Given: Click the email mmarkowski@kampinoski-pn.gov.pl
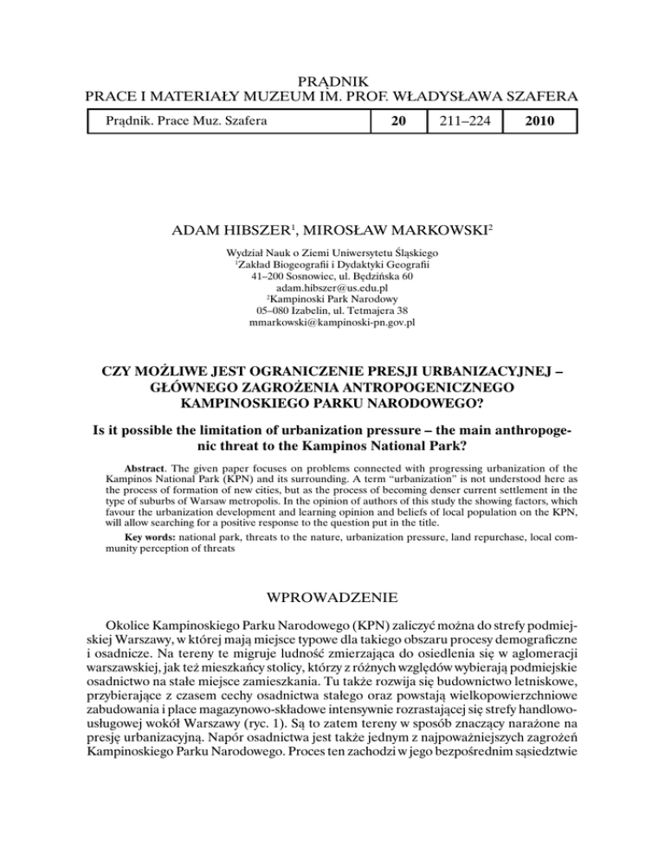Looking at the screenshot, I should (x=332, y=324).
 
